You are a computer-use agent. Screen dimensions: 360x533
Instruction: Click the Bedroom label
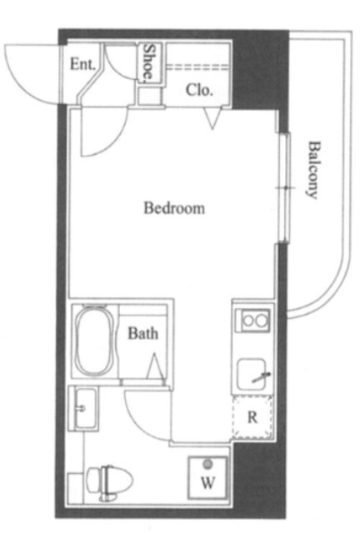174,207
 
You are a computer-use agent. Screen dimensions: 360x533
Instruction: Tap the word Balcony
313,170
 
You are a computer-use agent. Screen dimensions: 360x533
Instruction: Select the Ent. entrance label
82,64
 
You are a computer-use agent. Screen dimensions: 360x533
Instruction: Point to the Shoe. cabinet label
148,63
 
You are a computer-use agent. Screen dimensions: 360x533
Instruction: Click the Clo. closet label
199,90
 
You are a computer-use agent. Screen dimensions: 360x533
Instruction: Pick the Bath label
142,333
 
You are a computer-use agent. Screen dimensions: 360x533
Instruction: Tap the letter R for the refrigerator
252,417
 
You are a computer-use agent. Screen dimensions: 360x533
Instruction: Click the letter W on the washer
207,482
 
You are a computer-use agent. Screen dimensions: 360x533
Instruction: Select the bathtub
94,341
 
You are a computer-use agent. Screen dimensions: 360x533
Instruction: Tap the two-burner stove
255,320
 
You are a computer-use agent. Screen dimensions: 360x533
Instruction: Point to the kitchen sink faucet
262,377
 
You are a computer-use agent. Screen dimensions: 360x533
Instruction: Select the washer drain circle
207,464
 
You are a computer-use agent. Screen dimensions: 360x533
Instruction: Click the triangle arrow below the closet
212,118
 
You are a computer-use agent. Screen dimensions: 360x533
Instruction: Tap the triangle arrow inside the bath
155,366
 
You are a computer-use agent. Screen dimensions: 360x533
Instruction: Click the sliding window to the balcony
284,187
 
